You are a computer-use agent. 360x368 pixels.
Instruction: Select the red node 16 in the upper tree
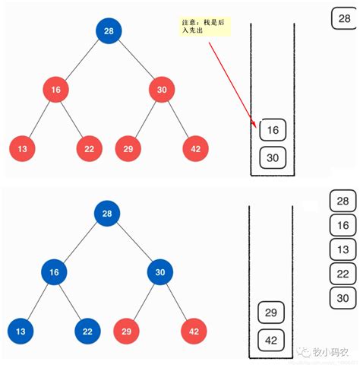55,90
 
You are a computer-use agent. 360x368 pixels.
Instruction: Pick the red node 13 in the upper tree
22,148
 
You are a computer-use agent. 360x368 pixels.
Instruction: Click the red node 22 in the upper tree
89,148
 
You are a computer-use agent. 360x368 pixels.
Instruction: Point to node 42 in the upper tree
196,148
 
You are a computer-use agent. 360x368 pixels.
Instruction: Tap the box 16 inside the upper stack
273,130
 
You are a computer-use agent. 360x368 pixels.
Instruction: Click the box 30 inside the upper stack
273,157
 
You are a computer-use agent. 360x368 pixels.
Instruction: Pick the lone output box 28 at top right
343,18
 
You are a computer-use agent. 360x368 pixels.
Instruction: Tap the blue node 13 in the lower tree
22,331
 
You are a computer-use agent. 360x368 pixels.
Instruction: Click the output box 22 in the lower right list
343,274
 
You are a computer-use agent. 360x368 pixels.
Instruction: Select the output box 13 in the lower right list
343,249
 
